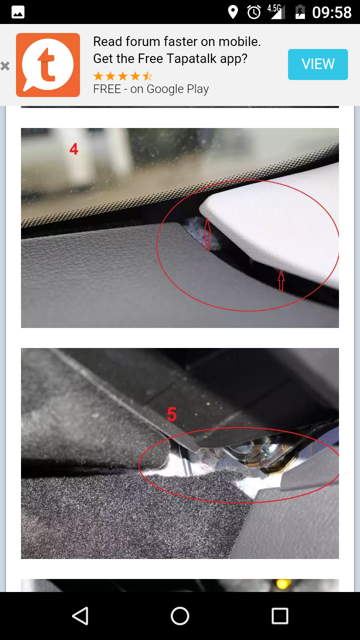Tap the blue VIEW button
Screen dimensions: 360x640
(317, 64)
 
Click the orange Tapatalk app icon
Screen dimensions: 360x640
(48, 65)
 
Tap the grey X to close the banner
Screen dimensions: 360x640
(5, 66)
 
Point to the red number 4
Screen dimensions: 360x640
(73, 149)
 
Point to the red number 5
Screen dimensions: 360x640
(171, 414)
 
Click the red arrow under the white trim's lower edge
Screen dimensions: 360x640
(281, 281)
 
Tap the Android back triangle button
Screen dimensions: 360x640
(80, 615)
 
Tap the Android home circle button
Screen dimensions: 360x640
(180, 615)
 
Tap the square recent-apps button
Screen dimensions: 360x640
(279, 615)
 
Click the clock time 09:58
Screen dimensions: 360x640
(331, 12)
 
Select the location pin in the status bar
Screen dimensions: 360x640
(233, 12)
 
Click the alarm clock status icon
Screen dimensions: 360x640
(253, 12)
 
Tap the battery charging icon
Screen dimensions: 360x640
(300, 12)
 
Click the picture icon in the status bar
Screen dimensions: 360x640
(17, 12)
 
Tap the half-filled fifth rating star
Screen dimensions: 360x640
(147, 76)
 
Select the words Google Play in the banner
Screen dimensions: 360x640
(177, 89)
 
